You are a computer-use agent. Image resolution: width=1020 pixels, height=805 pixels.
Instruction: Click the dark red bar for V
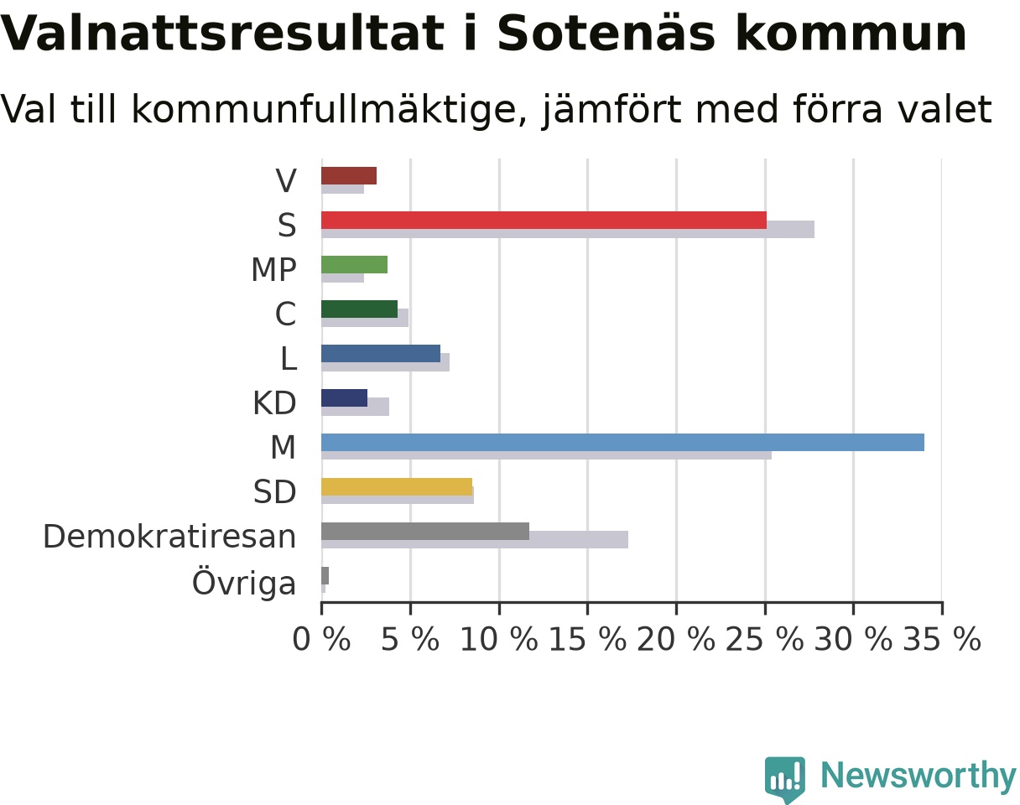coord(349,176)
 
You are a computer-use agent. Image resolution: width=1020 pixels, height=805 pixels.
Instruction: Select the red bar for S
coord(544,221)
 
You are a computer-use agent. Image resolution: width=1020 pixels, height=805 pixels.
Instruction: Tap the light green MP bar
coord(354,265)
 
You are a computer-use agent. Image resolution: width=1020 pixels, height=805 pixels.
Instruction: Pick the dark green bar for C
coord(359,309)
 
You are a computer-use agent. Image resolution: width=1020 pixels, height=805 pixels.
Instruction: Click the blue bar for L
coord(381,354)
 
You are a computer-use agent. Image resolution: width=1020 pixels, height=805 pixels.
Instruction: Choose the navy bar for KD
coord(344,398)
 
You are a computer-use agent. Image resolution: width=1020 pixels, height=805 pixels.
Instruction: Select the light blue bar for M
coord(622,442)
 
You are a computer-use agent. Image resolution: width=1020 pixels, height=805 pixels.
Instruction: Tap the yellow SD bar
coord(397,486)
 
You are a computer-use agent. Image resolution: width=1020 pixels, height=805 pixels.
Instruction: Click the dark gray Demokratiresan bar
coord(425,531)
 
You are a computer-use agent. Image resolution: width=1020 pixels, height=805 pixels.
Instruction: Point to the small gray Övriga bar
coord(325,576)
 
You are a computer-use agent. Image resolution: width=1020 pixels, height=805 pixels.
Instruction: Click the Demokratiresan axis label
coord(169,537)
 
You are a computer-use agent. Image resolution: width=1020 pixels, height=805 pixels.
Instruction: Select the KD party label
coord(274,403)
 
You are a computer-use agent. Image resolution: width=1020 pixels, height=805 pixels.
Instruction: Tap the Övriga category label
coord(244,582)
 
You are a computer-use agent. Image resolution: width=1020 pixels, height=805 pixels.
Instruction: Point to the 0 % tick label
coord(321,639)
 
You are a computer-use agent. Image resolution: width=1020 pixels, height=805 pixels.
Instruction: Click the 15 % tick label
coord(588,639)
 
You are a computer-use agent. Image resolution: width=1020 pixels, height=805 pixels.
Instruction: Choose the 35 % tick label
coord(942,639)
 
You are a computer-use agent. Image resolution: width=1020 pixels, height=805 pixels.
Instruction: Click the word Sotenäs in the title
coord(606,34)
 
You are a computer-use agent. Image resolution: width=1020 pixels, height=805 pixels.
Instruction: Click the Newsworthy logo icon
coord(785,777)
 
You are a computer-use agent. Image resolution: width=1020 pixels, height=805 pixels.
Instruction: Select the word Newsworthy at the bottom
coord(919,776)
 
